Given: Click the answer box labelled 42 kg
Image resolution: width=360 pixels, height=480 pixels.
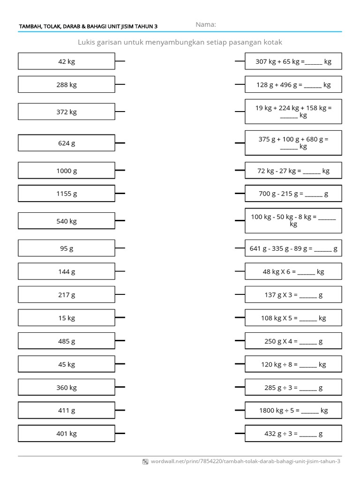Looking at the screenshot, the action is click(x=67, y=61).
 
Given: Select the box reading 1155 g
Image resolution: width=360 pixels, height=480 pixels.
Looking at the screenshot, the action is click(x=67, y=194).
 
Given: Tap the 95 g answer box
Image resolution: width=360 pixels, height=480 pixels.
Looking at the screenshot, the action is click(x=67, y=248).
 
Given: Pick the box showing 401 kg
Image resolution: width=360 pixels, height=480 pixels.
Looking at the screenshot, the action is click(x=67, y=434).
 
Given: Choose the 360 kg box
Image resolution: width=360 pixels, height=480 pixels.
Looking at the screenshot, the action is click(x=67, y=387).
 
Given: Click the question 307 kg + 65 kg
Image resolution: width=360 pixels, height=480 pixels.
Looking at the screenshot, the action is click(x=293, y=61).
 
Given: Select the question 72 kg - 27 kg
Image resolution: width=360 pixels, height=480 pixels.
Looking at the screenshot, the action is click(x=293, y=171).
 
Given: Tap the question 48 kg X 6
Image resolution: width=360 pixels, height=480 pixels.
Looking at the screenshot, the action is click(x=293, y=271).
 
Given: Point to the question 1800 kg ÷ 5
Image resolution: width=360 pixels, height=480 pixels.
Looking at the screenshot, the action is click(x=293, y=410).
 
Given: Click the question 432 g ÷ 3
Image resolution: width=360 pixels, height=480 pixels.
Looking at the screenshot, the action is click(x=293, y=434).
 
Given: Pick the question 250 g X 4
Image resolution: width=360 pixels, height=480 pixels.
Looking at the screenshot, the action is click(x=293, y=341).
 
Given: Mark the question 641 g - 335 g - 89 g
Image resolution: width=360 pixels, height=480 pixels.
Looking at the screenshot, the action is click(x=293, y=248).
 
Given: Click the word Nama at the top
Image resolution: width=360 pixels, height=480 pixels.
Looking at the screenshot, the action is click(x=206, y=24).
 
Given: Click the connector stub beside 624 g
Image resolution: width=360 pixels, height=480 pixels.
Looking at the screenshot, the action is click(x=120, y=143).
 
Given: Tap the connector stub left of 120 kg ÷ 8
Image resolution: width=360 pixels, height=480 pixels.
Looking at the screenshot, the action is click(x=240, y=364).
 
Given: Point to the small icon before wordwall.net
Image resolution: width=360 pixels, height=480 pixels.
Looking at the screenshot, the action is click(x=145, y=462).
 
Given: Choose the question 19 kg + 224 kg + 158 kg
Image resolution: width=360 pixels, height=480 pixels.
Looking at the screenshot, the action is click(x=293, y=112).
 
